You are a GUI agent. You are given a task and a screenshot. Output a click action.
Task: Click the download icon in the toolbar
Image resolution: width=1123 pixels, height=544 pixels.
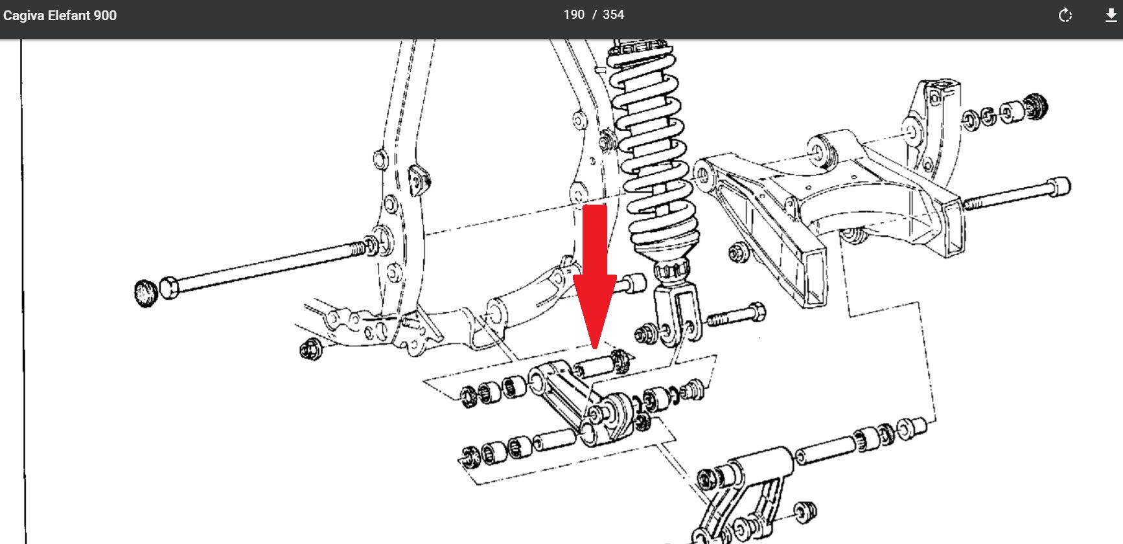coord(1111,16)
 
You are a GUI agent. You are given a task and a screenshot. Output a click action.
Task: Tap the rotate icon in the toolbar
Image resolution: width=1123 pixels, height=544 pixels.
coord(1065,16)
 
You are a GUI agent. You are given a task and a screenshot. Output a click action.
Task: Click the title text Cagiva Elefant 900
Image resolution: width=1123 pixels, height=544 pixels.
coord(60,16)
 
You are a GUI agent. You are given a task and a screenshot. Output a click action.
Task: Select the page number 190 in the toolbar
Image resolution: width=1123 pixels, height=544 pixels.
coord(573,15)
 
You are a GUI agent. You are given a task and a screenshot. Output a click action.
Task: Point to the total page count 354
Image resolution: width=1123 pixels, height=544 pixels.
coord(613,15)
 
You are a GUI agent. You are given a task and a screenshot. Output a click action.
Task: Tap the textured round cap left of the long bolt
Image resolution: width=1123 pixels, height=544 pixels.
coord(146,294)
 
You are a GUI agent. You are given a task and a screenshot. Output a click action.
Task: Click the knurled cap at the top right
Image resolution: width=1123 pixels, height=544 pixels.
coord(1036,106)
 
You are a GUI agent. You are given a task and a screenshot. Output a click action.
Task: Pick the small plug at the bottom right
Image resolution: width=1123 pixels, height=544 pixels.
coord(806,511)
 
